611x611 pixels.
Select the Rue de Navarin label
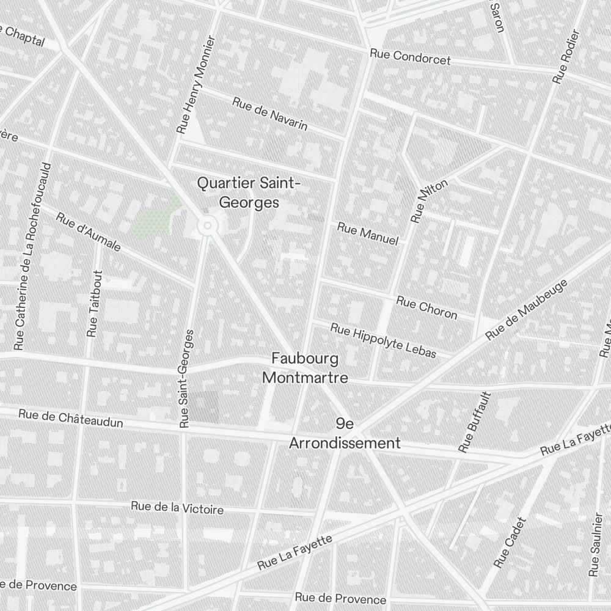269,113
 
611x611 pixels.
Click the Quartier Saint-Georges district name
249,192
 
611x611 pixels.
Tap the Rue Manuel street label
368,234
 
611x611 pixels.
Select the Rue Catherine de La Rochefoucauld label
33,256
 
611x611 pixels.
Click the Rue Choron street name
426,307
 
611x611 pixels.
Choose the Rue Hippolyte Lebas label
383,340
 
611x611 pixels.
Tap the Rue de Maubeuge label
527,310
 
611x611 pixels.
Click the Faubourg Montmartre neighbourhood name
305,368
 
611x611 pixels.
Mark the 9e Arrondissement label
345,434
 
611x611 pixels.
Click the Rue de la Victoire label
177,507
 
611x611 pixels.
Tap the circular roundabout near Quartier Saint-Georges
208,226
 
